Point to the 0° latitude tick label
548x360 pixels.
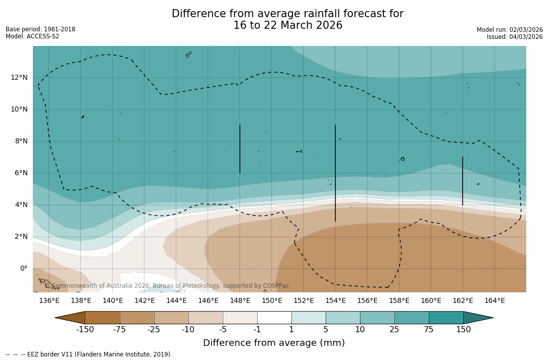click(23, 268)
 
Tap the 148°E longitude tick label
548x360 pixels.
click(240, 301)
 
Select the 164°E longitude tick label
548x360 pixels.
click(494, 301)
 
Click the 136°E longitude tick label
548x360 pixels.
click(49, 301)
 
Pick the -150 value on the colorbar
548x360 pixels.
click(85, 330)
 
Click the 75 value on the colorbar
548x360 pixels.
click(429, 330)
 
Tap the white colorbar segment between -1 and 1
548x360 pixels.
click(274, 318)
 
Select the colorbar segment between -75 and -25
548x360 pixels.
click(137, 318)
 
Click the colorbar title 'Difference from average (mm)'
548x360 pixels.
click(274, 343)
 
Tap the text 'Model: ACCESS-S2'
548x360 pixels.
click(32, 36)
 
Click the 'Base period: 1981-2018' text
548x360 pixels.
click(40, 29)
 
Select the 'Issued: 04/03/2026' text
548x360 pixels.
click(515, 37)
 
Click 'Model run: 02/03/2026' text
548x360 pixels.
click(510, 30)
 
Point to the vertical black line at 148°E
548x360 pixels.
click(240, 149)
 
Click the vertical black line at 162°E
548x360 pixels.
click(463, 181)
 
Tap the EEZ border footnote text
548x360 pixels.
click(89, 354)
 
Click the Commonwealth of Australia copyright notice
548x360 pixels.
click(167, 286)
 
